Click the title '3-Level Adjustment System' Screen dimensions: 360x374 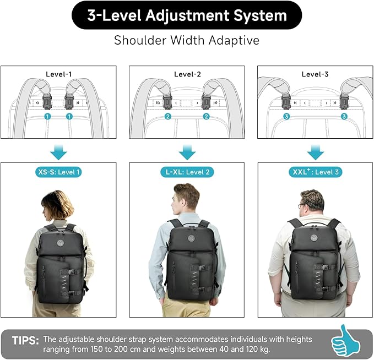pyautogui.click(x=187, y=15)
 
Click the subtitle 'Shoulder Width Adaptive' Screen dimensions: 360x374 pyautogui.click(x=187, y=41)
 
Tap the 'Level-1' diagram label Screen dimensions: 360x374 pyautogui.click(x=58, y=74)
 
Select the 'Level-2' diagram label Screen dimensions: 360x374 pyautogui.click(x=187, y=74)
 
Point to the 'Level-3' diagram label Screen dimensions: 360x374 pyautogui.click(x=315, y=74)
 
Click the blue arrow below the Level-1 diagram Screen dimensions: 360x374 pyautogui.click(x=58, y=151)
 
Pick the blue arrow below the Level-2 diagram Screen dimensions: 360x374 pyautogui.click(x=187, y=151)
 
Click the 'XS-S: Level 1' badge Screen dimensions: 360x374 pyautogui.click(x=58, y=172)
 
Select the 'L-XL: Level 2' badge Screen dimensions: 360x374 pyautogui.click(x=187, y=172)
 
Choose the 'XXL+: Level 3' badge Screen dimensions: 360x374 pyautogui.click(x=315, y=172)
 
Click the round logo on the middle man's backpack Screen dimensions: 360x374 pyautogui.click(x=192, y=238)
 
